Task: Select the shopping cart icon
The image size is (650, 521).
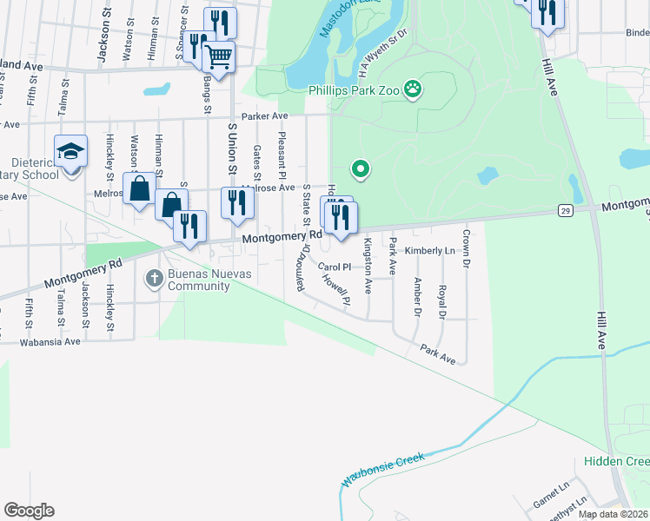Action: [x=218, y=57]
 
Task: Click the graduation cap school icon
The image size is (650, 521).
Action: [x=70, y=152]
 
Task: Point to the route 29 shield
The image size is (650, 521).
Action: [x=565, y=210]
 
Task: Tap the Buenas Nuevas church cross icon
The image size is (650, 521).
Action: [x=154, y=278]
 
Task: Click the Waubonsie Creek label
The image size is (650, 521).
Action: [x=381, y=467]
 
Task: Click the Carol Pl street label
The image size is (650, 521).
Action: [x=334, y=267]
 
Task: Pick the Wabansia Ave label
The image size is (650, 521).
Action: [x=51, y=341]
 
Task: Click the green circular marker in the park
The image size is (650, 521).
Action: [x=359, y=168]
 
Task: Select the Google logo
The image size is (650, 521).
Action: [x=29, y=511]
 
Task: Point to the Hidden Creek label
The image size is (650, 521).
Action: [x=616, y=462]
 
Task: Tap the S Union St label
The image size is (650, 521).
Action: [x=232, y=153]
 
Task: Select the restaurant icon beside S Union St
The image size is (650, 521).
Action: [x=236, y=201]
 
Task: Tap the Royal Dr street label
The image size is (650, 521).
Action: [x=441, y=302]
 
